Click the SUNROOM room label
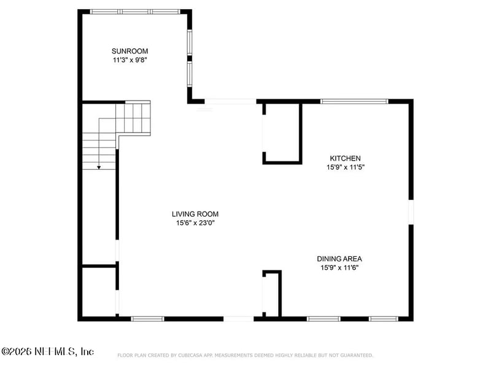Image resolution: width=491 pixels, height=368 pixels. click(130, 51)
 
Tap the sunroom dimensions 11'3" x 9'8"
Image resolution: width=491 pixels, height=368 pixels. click(130, 59)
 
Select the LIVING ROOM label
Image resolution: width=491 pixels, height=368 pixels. click(195, 214)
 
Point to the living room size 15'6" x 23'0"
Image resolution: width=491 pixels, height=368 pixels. click(195, 223)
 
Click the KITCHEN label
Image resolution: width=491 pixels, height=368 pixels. click(345, 158)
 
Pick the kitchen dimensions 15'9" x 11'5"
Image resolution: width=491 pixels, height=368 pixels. click(346, 167)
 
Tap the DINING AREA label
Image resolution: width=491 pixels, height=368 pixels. click(339, 259)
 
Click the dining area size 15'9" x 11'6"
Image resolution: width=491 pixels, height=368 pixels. click(339, 267)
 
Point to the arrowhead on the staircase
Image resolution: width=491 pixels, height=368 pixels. click(99, 167)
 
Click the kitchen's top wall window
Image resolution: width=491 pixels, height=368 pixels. click(355, 101)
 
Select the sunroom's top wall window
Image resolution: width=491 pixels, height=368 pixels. click(135, 12)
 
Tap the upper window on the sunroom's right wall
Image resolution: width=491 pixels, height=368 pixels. click(190, 42)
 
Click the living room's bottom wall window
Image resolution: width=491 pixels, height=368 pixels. click(147, 319)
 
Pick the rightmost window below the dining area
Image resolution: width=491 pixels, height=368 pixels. click(383, 319)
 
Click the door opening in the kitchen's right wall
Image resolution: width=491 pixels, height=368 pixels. click(411, 212)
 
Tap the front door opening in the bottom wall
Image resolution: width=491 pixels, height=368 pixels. click(238, 319)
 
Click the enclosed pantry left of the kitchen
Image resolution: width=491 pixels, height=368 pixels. click(282, 132)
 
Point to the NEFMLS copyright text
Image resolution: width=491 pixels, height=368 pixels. click(48, 351)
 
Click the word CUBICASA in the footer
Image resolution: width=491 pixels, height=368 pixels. click(190, 355)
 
